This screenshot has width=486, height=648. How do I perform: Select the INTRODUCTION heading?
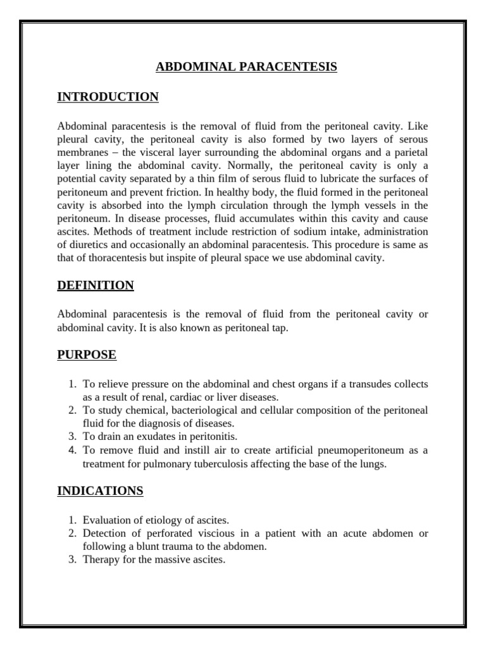108,97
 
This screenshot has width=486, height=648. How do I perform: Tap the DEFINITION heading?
96,285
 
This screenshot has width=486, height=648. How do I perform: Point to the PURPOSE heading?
87,355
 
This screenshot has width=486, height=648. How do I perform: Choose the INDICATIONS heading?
100,490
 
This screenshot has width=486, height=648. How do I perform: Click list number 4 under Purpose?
72,450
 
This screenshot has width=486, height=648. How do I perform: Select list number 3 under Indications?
72,561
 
